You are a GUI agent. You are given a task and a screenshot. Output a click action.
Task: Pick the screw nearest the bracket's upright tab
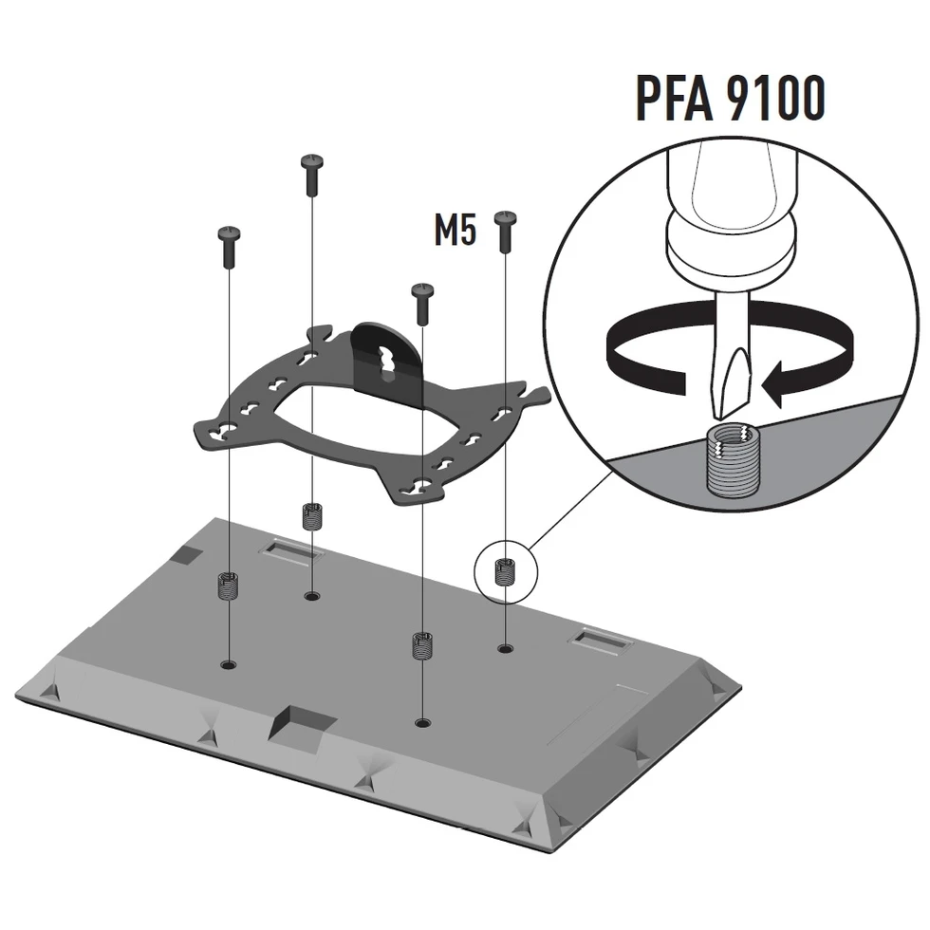[421, 302]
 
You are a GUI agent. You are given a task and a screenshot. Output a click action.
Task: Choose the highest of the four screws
[312, 175]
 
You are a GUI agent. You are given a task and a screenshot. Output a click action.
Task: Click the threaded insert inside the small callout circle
[505, 572]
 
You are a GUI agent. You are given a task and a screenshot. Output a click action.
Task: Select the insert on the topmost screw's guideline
[311, 515]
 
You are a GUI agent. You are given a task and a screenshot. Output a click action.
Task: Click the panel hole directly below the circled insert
[505, 649]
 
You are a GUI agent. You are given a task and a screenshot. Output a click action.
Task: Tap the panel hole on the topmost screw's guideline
[311, 596]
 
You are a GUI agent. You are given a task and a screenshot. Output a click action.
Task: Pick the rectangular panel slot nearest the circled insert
[602, 642]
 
